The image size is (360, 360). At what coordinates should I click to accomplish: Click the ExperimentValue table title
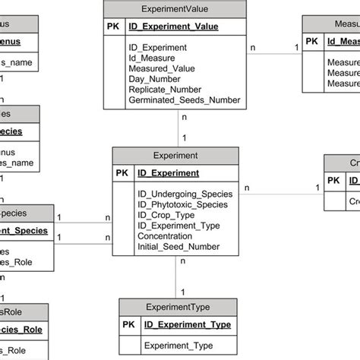tap(175, 9)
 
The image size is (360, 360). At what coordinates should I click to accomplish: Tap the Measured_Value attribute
tap(163, 68)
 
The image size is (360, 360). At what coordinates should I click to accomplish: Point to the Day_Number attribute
tap(157, 78)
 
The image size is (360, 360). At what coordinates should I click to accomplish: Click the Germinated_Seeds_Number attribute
tap(185, 99)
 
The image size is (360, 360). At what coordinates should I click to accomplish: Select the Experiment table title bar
tap(175, 156)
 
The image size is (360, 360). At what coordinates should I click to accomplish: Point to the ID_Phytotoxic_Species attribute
tap(182, 204)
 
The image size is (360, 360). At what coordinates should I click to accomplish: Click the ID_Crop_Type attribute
tap(167, 215)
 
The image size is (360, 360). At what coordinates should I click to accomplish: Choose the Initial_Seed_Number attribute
tap(178, 247)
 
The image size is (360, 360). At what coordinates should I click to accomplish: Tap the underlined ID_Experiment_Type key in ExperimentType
tap(188, 325)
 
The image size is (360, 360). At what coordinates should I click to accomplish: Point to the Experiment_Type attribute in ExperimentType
tap(178, 346)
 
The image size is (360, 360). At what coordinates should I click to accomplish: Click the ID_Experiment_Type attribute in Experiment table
tap(179, 226)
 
